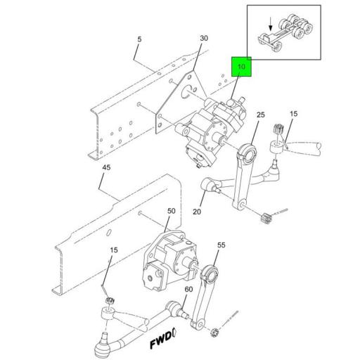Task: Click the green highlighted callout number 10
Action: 240,67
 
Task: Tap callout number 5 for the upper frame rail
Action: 139,39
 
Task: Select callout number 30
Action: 204,38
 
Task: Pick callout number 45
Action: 105,167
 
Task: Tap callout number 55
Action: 221,246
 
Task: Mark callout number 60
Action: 188,290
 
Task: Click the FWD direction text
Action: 165,342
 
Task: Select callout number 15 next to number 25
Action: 293,114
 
